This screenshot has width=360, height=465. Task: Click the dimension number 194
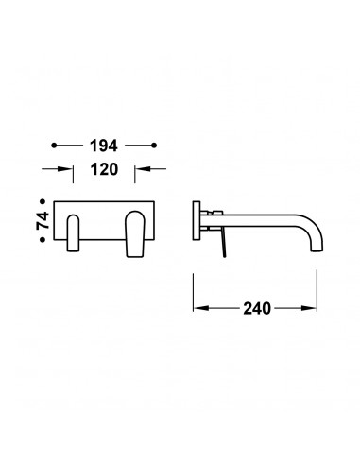coord(104,146)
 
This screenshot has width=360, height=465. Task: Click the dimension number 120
coord(104,169)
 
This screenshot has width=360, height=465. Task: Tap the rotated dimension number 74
coord(43,220)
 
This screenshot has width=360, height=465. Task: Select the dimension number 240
coord(257,308)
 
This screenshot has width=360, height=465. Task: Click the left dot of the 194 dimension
coord(54,146)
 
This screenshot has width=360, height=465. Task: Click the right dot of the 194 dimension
coord(154,146)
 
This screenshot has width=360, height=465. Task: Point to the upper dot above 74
coord(43,200)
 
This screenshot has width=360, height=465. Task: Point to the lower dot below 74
coord(43,240)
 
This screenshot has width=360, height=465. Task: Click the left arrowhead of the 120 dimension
coord(66,169)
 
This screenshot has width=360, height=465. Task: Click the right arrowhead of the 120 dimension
coord(142,169)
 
